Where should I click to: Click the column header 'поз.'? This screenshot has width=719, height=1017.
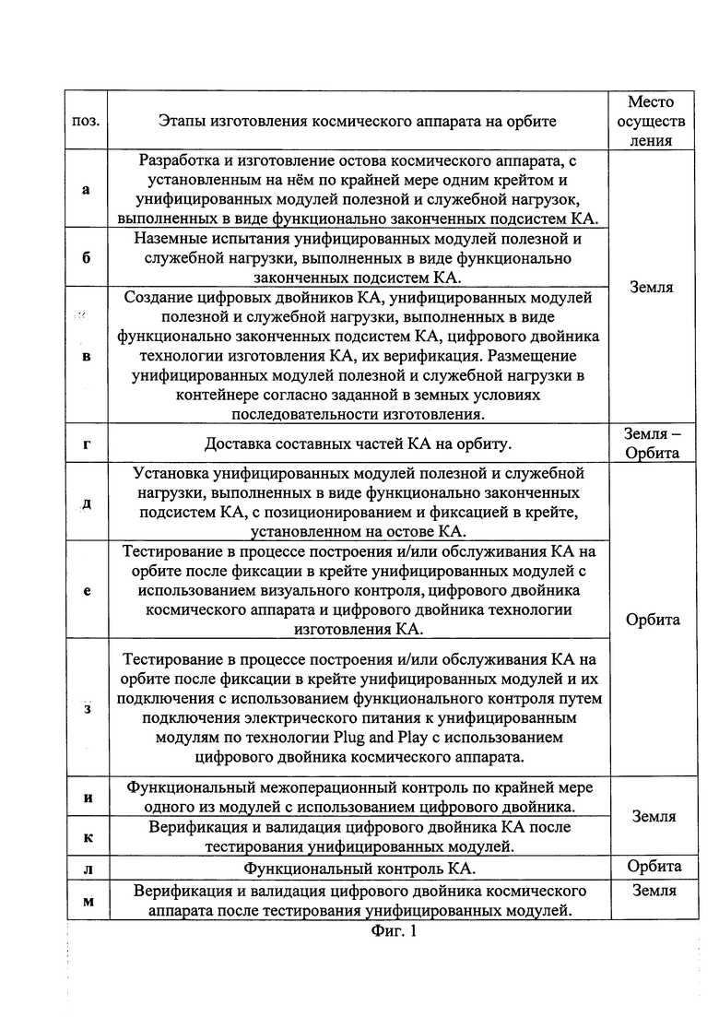tap(86, 121)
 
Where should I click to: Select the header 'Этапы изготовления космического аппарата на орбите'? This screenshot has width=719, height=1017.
tap(358, 121)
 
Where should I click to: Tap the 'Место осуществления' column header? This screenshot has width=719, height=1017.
tap(651, 121)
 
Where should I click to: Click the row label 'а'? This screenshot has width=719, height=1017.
tap(86, 190)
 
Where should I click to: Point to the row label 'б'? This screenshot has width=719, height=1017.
tap(86, 257)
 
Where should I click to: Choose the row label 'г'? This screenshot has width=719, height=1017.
tap(86, 443)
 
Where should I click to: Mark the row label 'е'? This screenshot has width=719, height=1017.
tap(86, 590)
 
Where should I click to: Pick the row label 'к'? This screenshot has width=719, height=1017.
tap(86, 837)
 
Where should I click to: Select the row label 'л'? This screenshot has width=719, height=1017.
tap(86, 869)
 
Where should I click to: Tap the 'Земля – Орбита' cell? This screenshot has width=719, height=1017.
tap(651, 443)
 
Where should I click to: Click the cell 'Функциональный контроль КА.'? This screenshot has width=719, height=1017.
tap(359, 869)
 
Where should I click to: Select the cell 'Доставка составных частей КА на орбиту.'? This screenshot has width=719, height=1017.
tap(358, 443)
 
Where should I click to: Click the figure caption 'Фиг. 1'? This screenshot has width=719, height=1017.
tap(394, 931)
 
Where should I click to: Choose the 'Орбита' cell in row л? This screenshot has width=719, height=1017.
tap(654, 866)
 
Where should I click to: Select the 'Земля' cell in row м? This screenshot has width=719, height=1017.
tap(654, 891)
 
